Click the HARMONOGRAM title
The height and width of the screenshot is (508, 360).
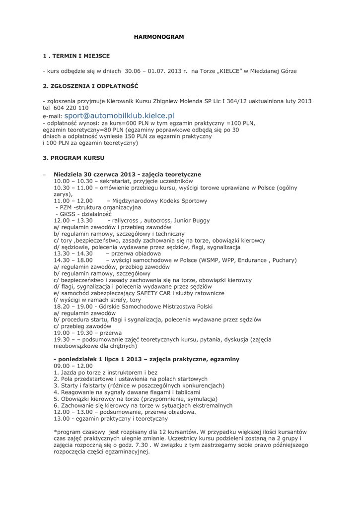pyautogui.click(x=159, y=37)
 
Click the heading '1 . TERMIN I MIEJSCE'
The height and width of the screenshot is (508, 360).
pyautogui.click(x=76, y=56)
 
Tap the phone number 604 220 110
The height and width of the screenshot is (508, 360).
pyautogui.click(x=71, y=108)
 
